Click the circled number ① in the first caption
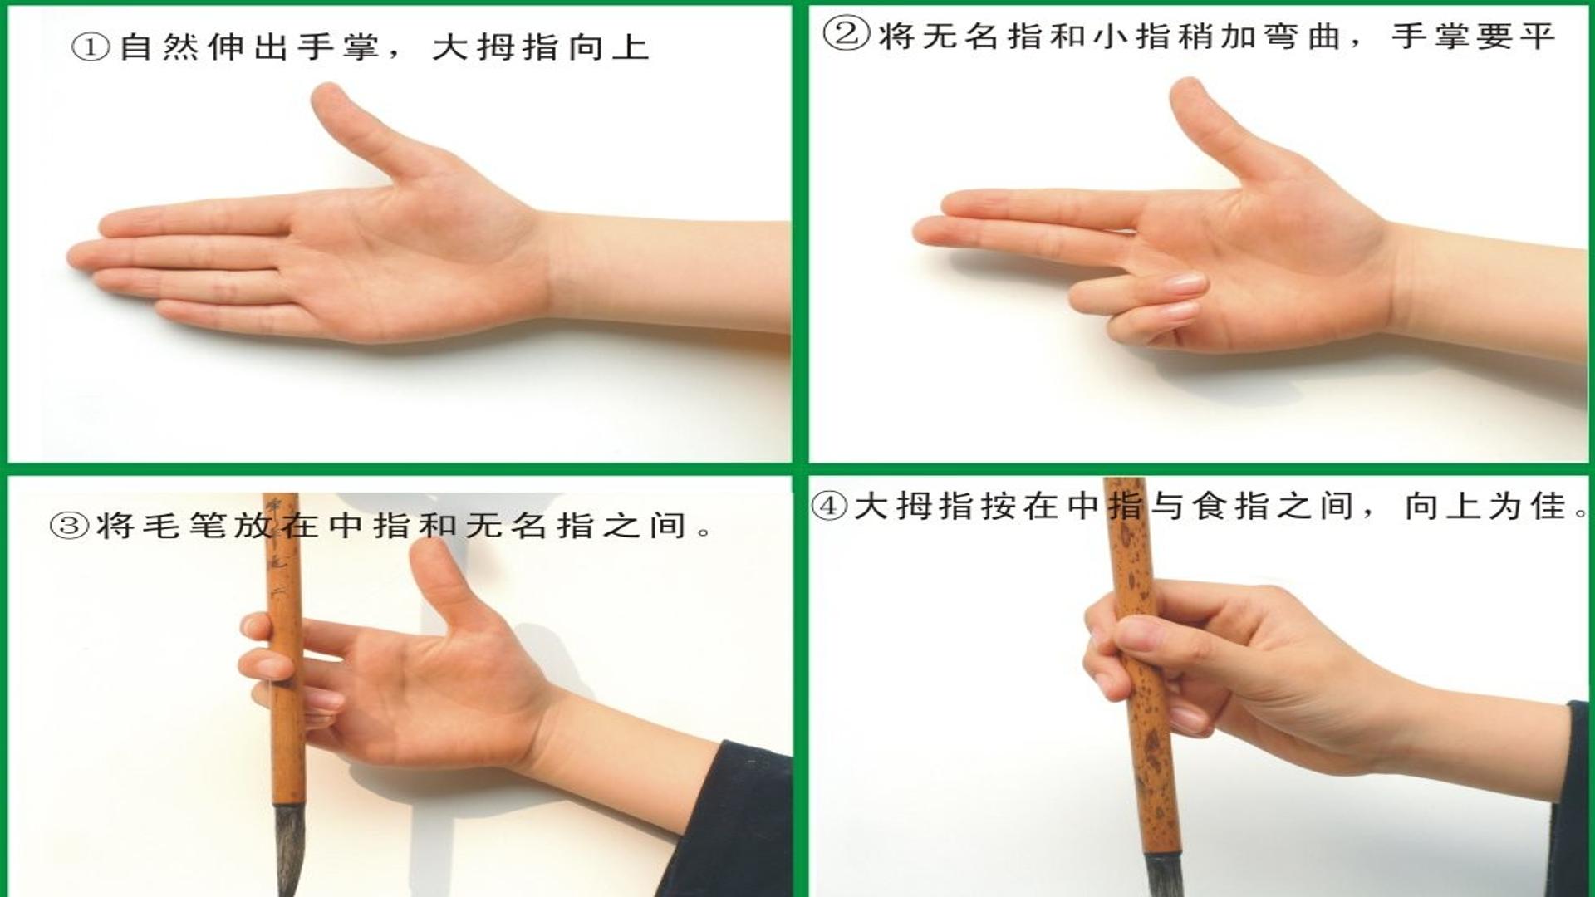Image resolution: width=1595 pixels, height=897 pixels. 91,47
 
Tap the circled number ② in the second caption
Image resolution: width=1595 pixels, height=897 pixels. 847,35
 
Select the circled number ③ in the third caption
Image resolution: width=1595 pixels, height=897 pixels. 69,525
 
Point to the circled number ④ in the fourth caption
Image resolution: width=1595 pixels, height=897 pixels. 829,506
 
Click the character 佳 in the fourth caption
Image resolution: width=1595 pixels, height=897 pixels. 1548,506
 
